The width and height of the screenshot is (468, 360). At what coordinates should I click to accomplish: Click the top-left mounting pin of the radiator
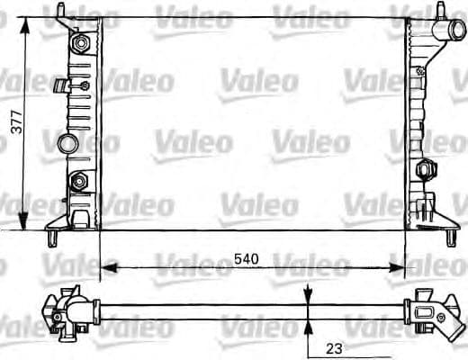[x=61, y=11]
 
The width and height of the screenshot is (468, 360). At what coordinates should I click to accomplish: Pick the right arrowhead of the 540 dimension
[x=396, y=267]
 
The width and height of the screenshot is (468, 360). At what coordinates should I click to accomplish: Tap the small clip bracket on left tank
[x=63, y=86]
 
